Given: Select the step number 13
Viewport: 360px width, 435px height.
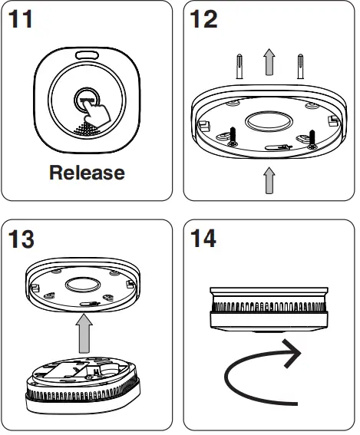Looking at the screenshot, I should pyautogui.click(x=23, y=240).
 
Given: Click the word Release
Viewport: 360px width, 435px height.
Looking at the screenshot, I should pyautogui.click(x=86, y=173).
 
